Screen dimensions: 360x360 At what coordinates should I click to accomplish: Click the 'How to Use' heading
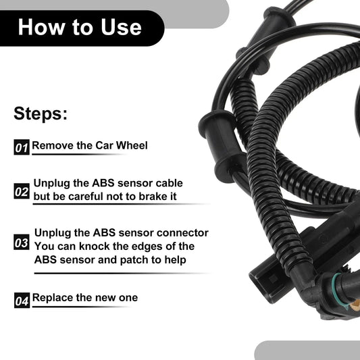pos(80,27)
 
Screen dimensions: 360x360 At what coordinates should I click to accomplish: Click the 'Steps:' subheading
pos(41,113)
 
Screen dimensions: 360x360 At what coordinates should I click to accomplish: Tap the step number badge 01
pos(22,147)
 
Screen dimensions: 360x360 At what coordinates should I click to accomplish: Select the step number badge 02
pos(22,191)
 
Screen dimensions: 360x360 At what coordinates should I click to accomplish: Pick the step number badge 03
pos(22,242)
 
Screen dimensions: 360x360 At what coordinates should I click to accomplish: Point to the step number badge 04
pos(22,301)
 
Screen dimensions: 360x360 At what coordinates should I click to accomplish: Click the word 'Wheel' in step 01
pos(132,145)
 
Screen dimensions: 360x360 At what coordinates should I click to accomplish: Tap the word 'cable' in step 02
pos(170,183)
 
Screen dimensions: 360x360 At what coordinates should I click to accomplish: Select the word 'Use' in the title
pos(121,27)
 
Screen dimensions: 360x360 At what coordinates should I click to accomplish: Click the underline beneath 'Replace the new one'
pos(80,307)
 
